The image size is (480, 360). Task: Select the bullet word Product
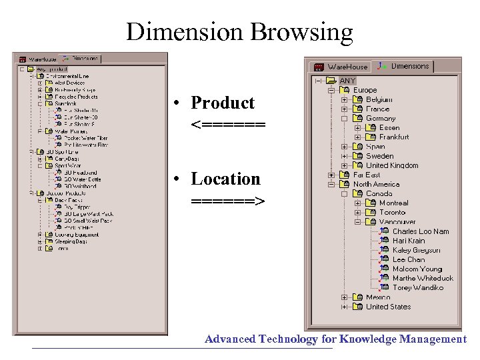tap(223, 103)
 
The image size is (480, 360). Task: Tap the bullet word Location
tap(225, 179)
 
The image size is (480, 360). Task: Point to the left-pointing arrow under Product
tap(227, 125)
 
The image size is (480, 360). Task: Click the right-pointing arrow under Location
tap(227, 201)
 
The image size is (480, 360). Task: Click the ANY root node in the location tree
tap(347, 81)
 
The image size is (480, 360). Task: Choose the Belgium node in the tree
tap(379, 99)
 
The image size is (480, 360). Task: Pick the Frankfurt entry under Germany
tap(394, 137)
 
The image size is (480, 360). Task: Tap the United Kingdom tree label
tap(392, 165)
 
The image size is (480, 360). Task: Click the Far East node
tap(367, 175)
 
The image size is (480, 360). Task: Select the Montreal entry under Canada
tap(393, 203)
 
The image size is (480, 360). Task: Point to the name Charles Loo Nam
tap(420, 231)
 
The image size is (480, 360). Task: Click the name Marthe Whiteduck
tap(422, 278)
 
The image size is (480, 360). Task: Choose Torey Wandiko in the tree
tap(418, 287)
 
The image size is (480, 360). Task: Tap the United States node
tap(388, 307)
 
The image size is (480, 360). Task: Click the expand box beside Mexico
tap(344, 297)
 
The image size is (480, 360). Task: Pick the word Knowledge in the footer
tap(368, 339)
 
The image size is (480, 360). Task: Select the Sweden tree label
tap(379, 156)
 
